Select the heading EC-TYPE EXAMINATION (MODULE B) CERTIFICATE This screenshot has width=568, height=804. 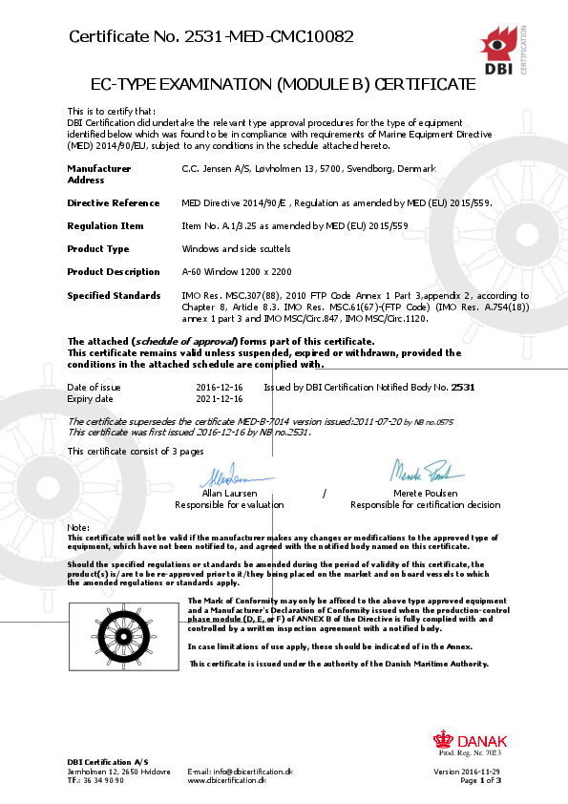point(284,84)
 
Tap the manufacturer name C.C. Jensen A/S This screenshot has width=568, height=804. point(217,168)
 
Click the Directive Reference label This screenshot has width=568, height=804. point(113,203)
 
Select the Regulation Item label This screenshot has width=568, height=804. point(105,226)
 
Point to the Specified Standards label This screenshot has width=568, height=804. point(113,296)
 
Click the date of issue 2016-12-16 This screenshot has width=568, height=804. point(219,387)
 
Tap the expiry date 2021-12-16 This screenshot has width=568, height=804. point(219,398)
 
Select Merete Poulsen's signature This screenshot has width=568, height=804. point(426,471)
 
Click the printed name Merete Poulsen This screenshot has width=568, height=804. point(425,494)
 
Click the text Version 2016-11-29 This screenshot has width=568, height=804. point(467,771)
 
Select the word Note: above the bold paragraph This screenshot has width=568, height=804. point(78,527)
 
